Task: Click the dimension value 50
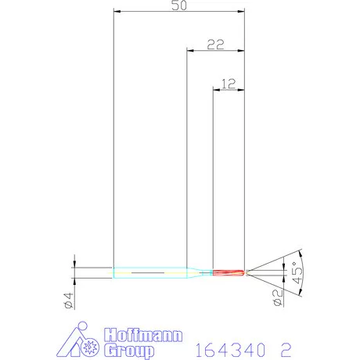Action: pyautogui.click(x=178, y=5)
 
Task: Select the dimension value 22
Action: pyautogui.click(x=215, y=44)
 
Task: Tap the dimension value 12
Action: pyautogui.click(x=229, y=83)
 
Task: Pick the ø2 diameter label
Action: pyautogui.click(x=275, y=294)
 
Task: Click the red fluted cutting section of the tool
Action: pyautogui.click(x=229, y=272)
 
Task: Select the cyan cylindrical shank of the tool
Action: pyautogui.click(x=149, y=272)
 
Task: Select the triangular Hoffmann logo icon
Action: pyautogui.click(x=81, y=339)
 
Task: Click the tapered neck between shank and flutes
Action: pyautogui.click(x=200, y=272)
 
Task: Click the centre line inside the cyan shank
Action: pyautogui.click(x=149, y=272)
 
